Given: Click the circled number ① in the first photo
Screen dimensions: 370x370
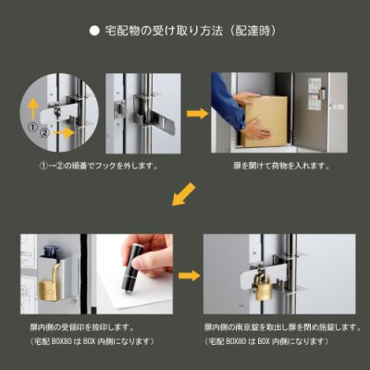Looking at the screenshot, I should click(34, 128).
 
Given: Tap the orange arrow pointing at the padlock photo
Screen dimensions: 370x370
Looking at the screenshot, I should click(191, 275).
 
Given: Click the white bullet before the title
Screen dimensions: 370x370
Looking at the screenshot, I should click(93, 31).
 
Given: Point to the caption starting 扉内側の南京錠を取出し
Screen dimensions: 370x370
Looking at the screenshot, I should click(277, 328).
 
